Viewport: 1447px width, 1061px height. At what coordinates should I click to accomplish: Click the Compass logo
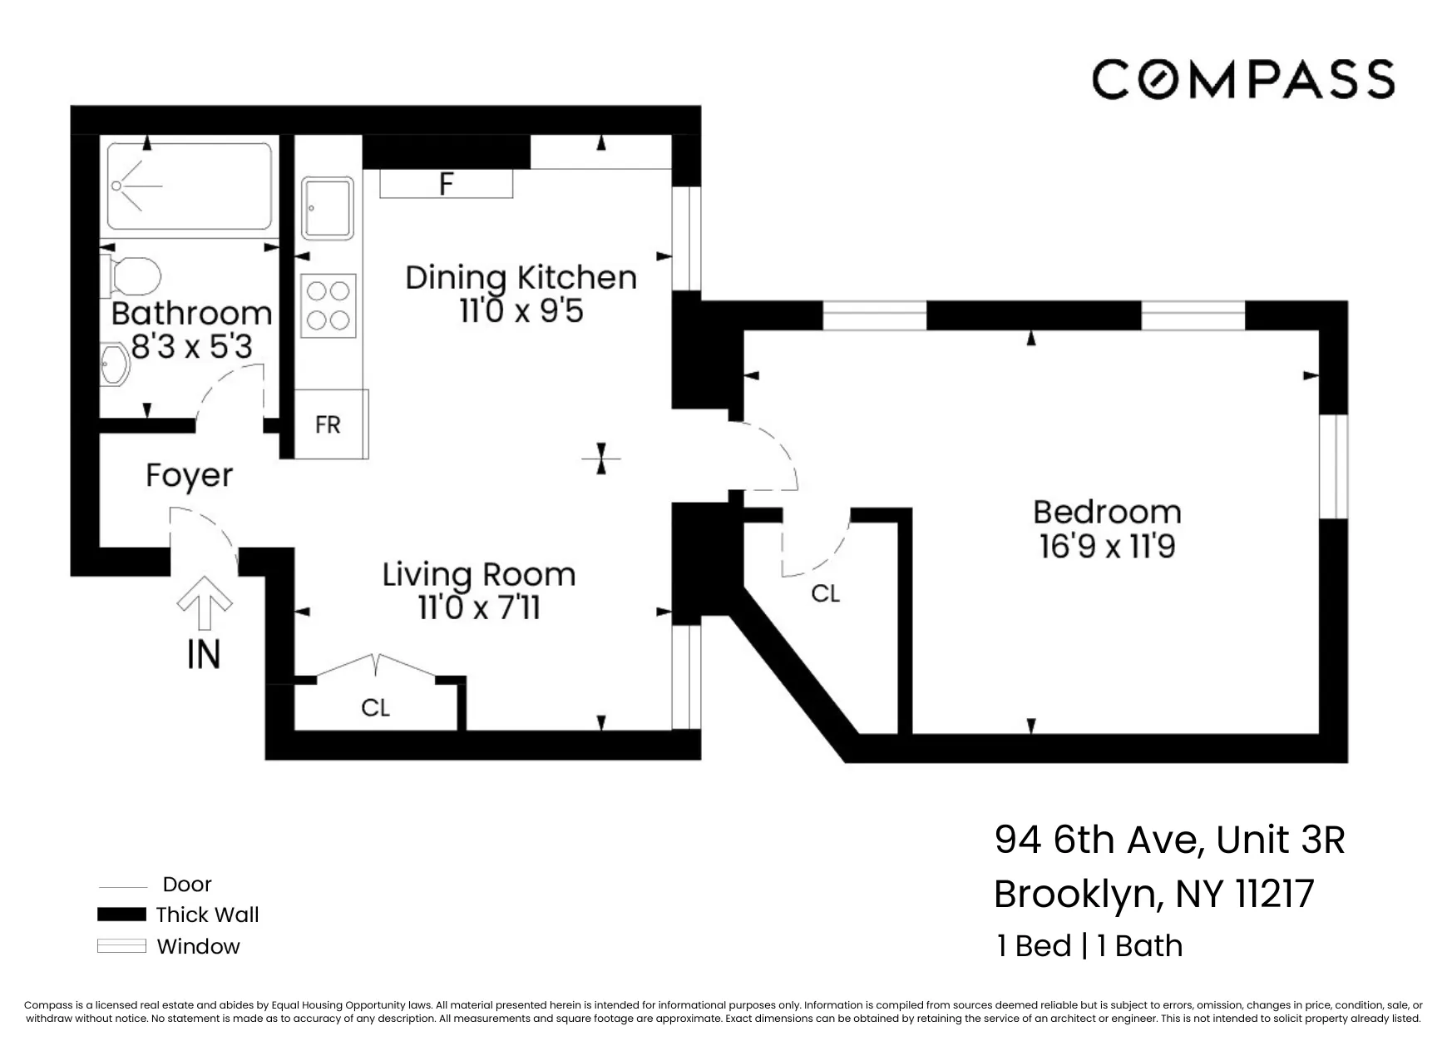tap(1242, 79)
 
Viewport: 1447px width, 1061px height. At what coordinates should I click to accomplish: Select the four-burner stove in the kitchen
tap(328, 305)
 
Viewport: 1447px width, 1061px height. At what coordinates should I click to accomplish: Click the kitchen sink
tap(326, 207)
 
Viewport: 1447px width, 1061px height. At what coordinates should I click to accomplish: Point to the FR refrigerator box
tap(329, 424)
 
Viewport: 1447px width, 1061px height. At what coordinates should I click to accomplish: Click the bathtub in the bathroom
tap(189, 186)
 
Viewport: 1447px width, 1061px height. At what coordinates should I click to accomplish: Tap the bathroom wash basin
tap(114, 366)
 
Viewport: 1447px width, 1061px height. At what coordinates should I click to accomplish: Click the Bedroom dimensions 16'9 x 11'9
tap(1106, 547)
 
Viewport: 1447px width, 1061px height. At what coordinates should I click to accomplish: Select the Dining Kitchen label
tap(521, 277)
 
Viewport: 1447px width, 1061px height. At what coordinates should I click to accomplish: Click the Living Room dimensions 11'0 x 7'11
tap(478, 607)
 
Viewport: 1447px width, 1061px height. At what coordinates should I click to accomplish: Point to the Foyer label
tap(190, 475)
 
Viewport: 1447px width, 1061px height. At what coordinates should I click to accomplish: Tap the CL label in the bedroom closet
tap(825, 593)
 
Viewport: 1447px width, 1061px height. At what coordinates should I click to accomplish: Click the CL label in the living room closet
tap(375, 707)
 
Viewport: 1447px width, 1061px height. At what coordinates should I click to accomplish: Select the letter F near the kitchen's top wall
tap(446, 184)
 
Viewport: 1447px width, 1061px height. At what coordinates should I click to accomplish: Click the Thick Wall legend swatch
tap(121, 915)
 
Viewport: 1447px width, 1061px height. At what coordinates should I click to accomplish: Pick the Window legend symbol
tap(121, 946)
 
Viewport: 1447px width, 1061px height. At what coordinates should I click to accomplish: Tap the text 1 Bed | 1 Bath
tap(1089, 946)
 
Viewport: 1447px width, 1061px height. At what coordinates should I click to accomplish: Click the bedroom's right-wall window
tap(1333, 466)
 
